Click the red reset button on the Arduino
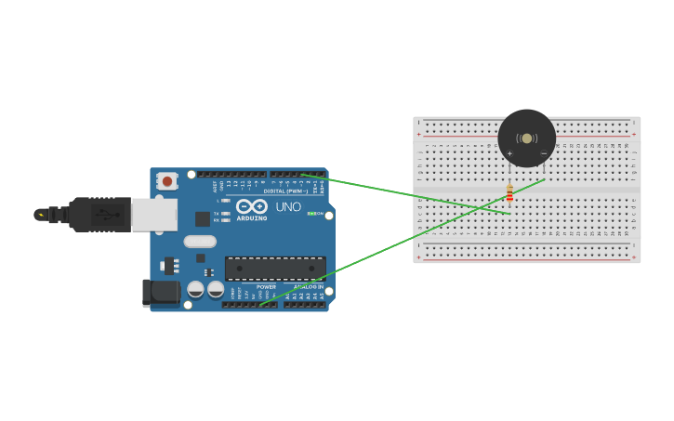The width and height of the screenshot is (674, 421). (166, 181)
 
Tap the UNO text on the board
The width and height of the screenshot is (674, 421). (289, 206)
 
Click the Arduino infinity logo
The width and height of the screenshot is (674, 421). (251, 206)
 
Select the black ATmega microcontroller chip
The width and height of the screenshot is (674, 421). (275, 269)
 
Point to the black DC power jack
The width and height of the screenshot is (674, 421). (159, 293)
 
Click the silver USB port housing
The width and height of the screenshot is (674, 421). (153, 215)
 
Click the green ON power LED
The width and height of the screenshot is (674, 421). (311, 214)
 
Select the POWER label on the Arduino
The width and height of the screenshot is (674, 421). (266, 287)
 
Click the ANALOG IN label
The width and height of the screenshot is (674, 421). (309, 287)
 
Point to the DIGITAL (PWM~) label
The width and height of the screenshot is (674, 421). (286, 191)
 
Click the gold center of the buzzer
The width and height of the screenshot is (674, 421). (527, 138)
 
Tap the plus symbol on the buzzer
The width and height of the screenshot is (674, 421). (509, 152)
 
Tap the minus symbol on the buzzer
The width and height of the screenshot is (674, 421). (544, 152)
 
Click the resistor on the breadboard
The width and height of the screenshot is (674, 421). (509, 193)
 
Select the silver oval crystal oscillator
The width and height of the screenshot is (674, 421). (199, 242)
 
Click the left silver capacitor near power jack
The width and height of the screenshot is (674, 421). (195, 290)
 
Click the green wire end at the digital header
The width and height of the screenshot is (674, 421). (303, 175)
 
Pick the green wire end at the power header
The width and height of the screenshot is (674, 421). (261, 304)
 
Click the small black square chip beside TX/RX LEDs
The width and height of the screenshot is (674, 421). (202, 219)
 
